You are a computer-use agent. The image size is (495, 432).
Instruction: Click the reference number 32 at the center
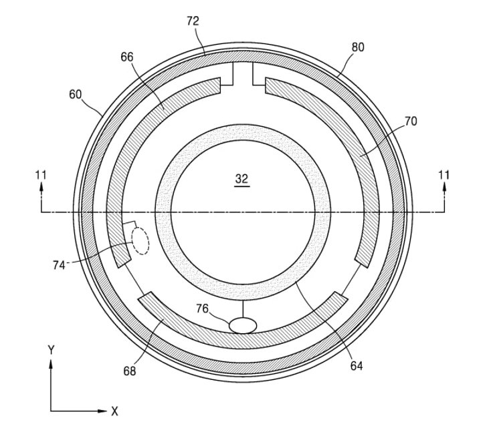241,179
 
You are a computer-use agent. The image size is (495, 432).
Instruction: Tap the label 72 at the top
193,22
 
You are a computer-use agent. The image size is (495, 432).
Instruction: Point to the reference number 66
127,58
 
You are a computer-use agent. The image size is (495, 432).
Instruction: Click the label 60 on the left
75,95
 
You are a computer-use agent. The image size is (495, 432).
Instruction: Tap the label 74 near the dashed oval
59,265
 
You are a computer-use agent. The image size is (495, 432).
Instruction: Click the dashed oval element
140,240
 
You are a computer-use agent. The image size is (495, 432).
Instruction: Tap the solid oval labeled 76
243,325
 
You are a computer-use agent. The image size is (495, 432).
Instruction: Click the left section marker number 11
41,175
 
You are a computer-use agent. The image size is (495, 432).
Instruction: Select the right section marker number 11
444,175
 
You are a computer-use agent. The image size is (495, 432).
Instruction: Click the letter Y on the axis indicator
51,349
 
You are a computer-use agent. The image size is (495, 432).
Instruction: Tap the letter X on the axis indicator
114,412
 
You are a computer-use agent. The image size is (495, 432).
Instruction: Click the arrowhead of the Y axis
51,364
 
